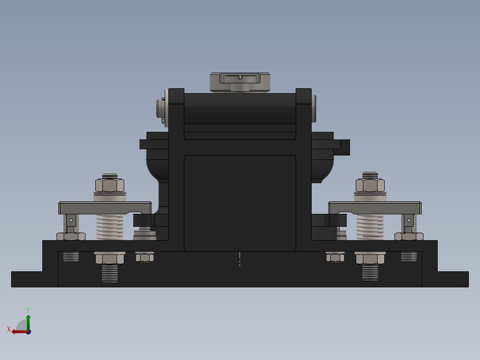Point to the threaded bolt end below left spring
(109, 273)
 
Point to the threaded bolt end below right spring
(370, 273)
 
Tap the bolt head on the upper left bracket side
(160, 108)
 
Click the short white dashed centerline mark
(240, 259)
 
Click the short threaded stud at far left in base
(71, 257)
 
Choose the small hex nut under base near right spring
(335, 257)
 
